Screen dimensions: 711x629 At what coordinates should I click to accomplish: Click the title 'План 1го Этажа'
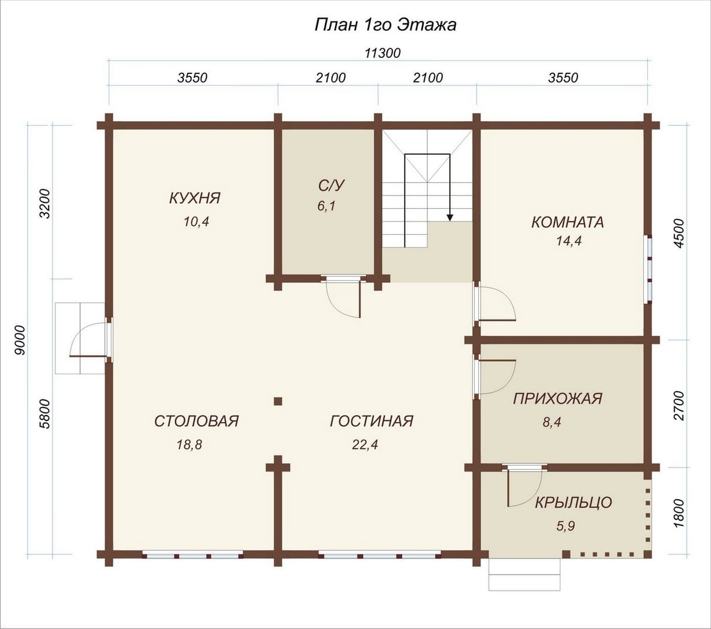click(385, 25)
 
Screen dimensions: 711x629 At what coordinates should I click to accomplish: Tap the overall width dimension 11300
click(382, 53)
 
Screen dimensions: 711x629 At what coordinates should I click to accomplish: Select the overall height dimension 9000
click(20, 340)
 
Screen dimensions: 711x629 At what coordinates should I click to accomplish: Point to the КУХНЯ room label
click(195, 198)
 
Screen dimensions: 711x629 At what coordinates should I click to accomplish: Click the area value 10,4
click(196, 222)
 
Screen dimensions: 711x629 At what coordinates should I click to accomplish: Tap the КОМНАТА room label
click(567, 222)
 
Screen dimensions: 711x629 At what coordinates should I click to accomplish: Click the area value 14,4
click(569, 241)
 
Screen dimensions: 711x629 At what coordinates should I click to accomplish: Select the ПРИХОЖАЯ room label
click(557, 398)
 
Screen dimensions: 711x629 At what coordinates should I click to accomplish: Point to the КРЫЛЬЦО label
click(573, 503)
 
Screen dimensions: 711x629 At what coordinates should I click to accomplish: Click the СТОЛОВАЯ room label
click(197, 421)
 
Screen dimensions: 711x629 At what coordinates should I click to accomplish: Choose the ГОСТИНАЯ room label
click(372, 421)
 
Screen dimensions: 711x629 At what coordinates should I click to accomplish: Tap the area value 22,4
click(365, 445)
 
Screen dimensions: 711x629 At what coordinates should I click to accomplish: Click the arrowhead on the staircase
click(449, 217)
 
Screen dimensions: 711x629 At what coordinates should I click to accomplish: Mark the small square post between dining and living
click(278, 401)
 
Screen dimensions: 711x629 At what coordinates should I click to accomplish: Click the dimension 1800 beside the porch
click(679, 513)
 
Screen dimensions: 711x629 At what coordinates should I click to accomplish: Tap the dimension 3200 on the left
click(46, 203)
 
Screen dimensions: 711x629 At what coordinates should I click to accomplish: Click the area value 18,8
click(190, 445)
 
